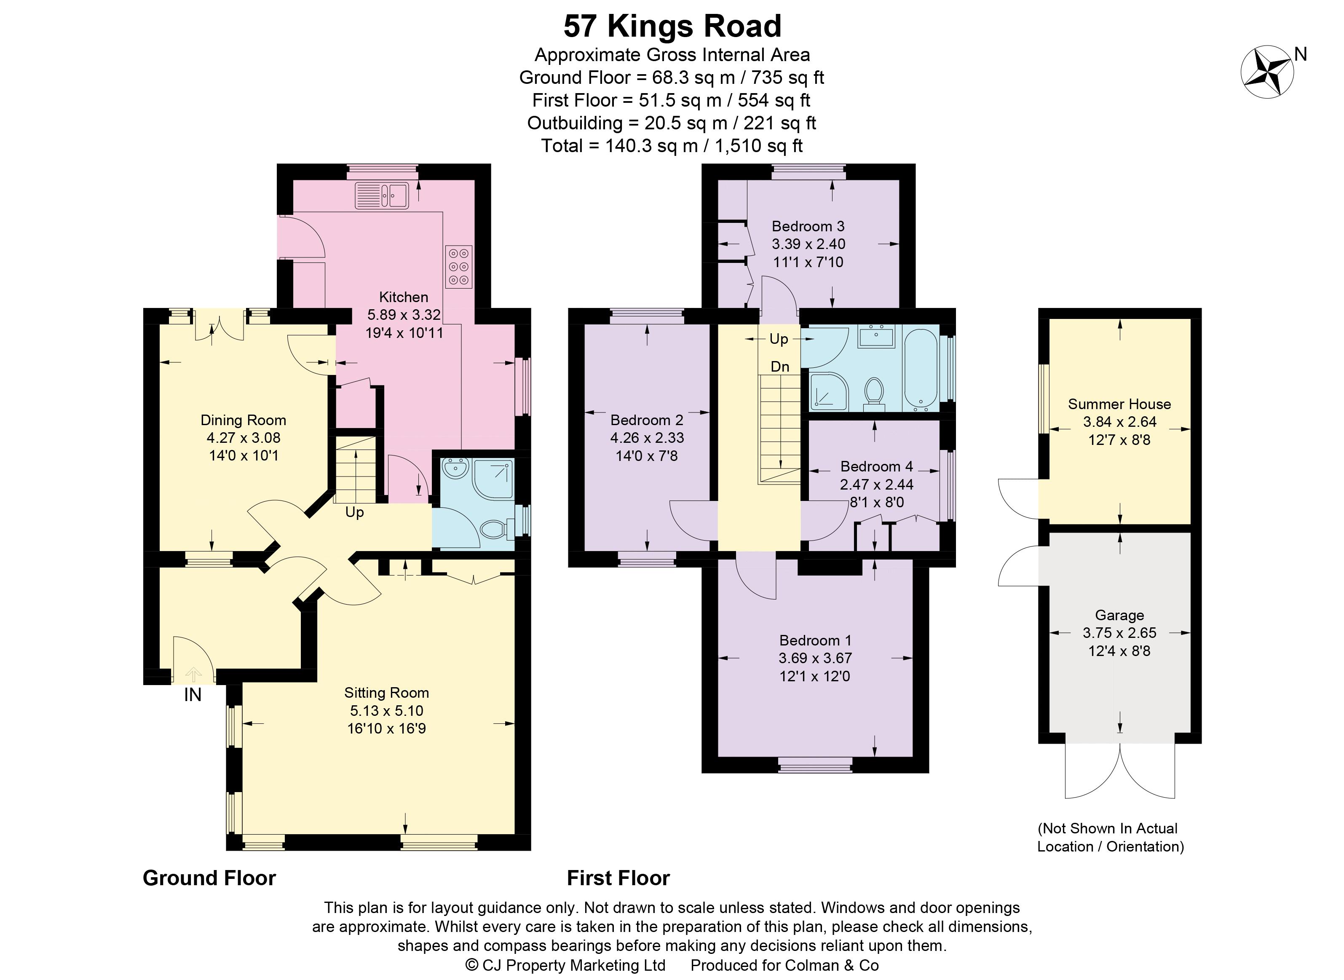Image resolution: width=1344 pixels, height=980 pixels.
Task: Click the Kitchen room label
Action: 403,297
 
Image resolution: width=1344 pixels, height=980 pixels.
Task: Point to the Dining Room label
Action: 243,420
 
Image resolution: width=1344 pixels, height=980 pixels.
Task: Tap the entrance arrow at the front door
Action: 193,675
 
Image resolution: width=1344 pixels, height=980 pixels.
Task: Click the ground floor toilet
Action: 495,529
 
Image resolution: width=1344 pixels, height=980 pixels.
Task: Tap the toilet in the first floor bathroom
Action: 874,393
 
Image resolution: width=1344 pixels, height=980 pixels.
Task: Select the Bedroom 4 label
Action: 876,466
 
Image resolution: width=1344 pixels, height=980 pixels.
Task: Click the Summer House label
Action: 1119,404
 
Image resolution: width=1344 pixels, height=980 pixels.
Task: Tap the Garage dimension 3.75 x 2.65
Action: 1119,633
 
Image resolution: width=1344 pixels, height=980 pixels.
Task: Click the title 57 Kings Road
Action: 672,26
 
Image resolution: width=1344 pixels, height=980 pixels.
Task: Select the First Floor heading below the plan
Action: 618,878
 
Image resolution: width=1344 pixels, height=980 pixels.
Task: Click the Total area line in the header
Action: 672,146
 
